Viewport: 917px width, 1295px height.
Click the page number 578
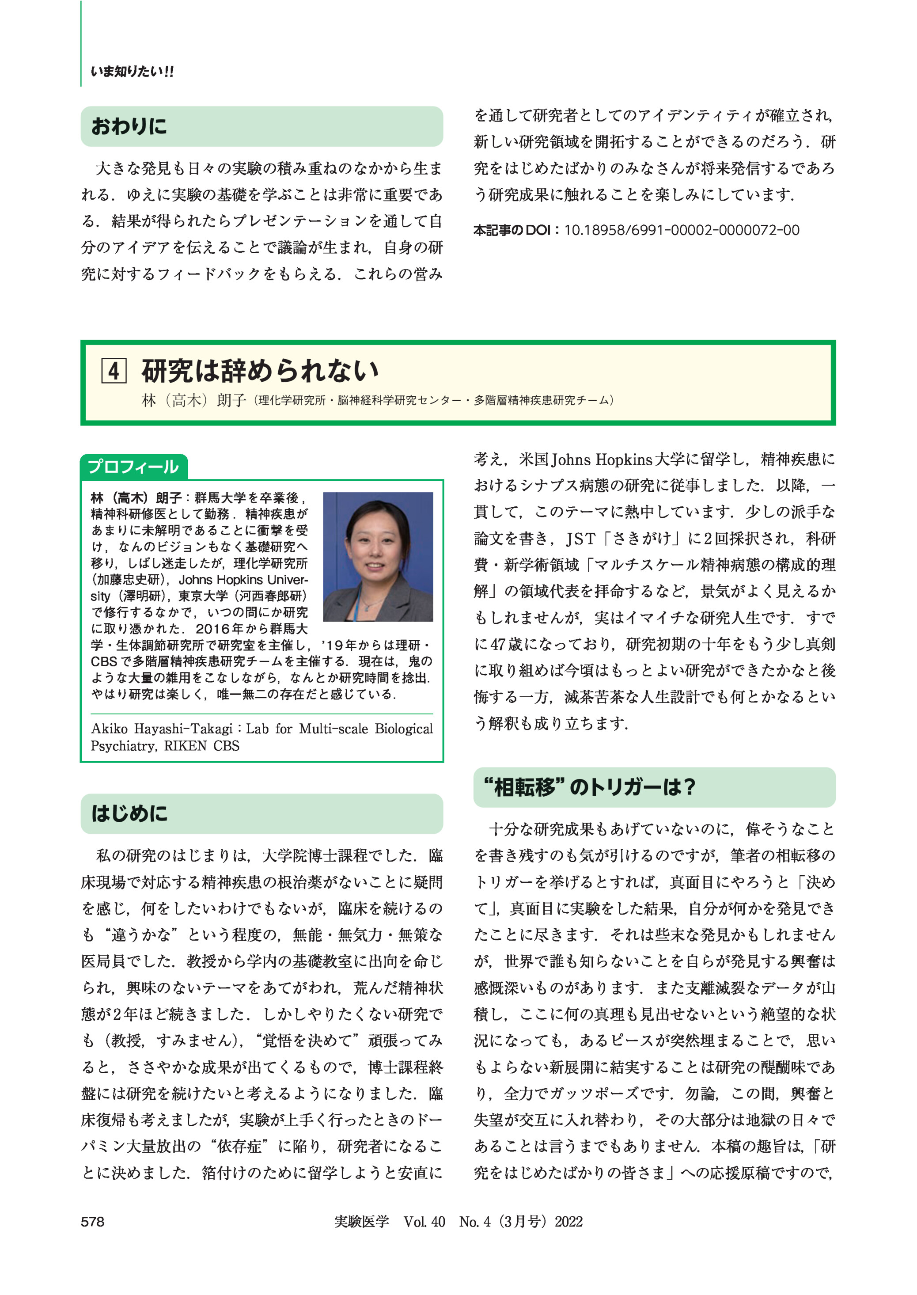point(93,1222)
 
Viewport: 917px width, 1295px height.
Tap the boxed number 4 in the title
point(114,371)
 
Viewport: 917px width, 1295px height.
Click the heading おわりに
point(129,126)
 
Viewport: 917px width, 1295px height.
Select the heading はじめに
point(129,813)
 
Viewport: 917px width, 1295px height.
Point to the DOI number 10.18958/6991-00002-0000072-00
point(682,230)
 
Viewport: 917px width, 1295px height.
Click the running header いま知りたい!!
point(132,72)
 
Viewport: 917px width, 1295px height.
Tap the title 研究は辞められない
point(260,371)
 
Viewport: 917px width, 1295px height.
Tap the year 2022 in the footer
point(568,1222)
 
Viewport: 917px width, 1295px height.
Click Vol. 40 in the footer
point(424,1222)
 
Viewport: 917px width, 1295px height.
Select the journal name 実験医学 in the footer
point(361,1222)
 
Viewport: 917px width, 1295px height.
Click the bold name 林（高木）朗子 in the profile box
point(136,497)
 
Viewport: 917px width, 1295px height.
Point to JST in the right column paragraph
point(580,539)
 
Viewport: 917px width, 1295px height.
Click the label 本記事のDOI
point(512,230)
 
